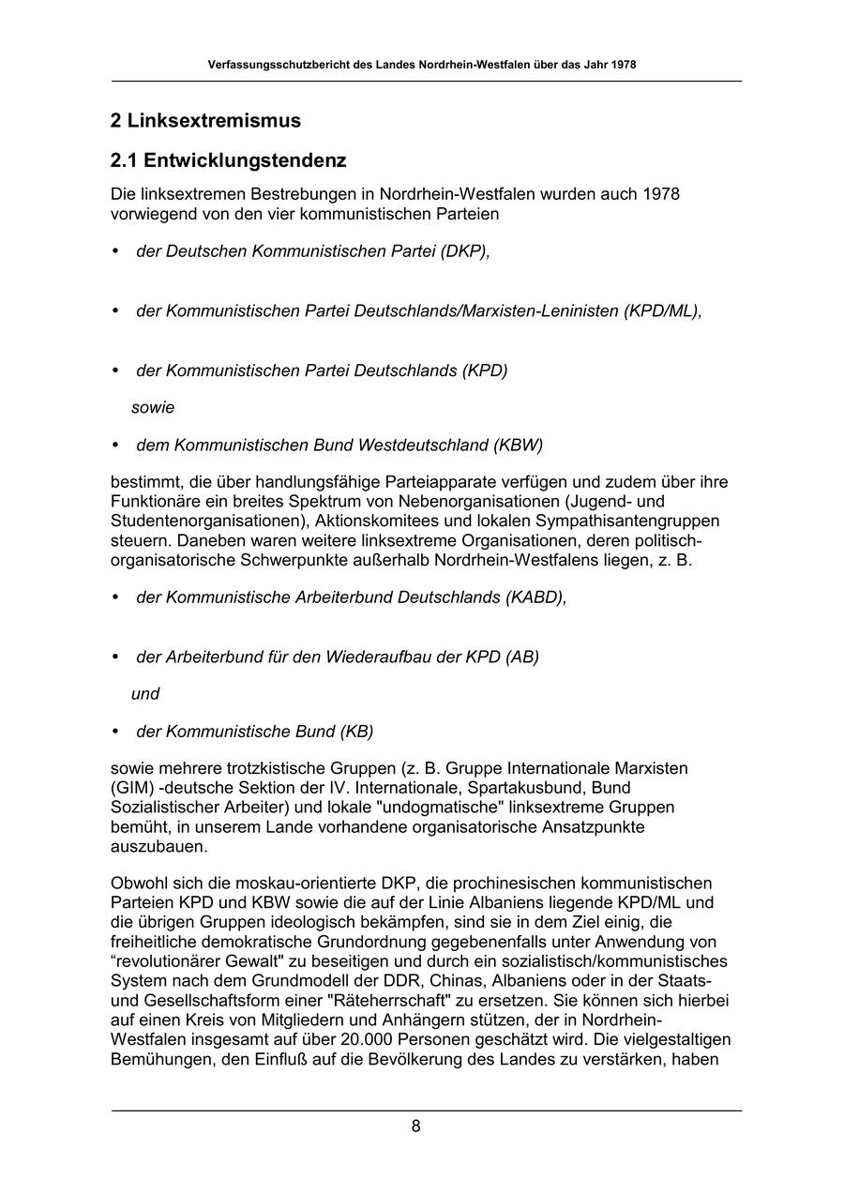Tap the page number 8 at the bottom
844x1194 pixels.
415,1127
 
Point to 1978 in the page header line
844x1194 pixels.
623,66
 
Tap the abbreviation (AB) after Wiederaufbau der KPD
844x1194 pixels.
522,657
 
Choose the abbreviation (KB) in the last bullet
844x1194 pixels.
356,732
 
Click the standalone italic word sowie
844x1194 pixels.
153,408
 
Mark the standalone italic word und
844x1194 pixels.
145,694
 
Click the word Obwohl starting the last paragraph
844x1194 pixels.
138,884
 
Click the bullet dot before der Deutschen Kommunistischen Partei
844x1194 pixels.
116,251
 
